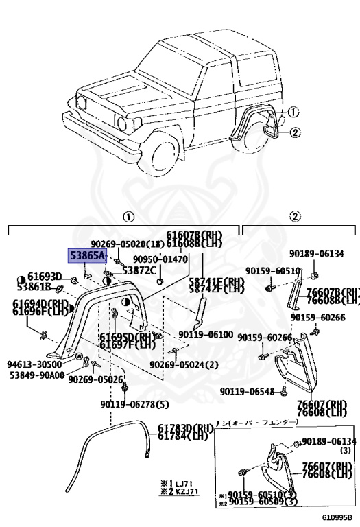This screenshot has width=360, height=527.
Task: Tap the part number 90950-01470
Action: coord(160,259)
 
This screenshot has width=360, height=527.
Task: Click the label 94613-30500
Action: coord(34,365)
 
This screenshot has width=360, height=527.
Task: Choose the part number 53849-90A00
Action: coord(36,375)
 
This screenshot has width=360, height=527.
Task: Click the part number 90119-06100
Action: coord(206,334)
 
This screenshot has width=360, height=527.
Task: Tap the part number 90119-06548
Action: coord(248,392)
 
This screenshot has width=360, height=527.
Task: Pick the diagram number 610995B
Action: coord(337,517)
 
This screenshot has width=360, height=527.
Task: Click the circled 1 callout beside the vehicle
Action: coord(293,112)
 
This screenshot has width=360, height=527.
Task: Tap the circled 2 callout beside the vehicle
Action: coord(295,132)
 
